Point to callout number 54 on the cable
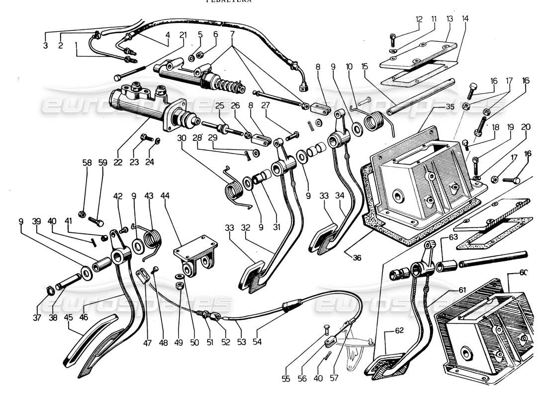click(x=257, y=342)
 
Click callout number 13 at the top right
click(x=450, y=19)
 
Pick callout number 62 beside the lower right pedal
click(x=399, y=330)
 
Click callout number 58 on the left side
click(x=88, y=162)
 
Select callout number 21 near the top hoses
click(x=183, y=35)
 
